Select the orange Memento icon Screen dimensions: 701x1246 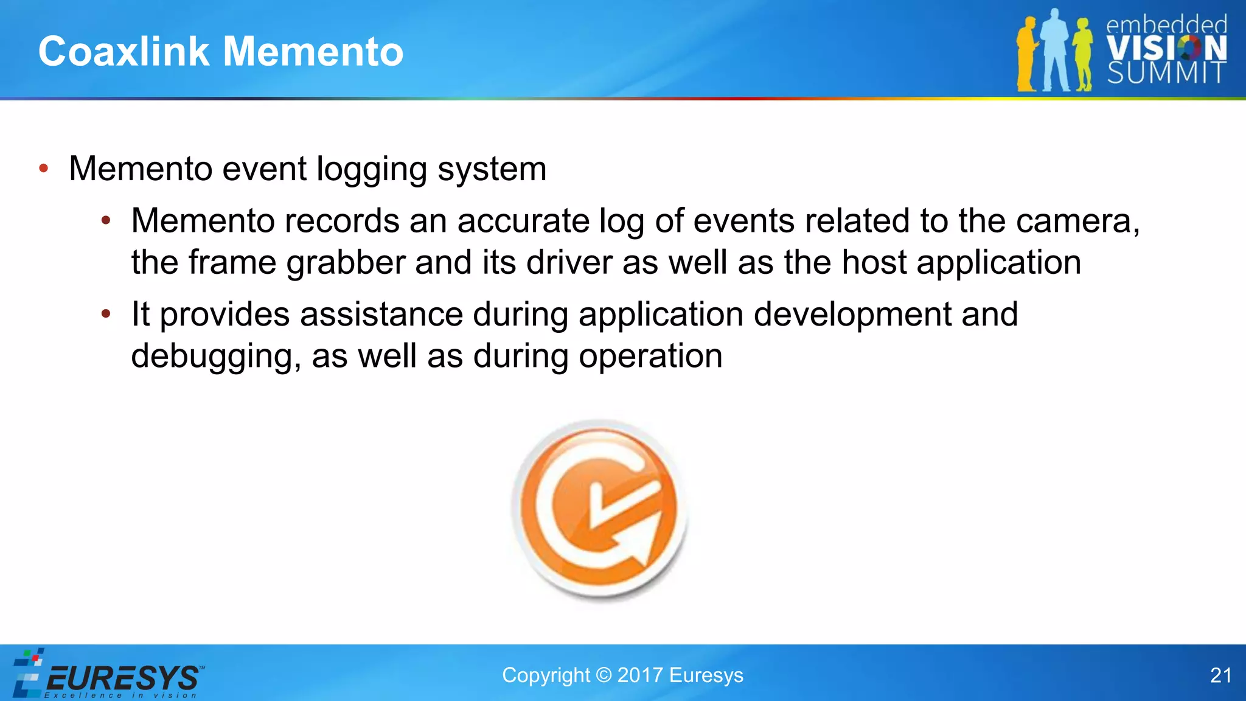coord(600,510)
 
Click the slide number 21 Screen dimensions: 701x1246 coord(1220,675)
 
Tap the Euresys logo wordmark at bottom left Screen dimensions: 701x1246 coord(122,678)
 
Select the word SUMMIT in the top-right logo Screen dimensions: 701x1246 coord(1166,73)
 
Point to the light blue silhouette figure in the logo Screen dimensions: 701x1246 coord(1056,52)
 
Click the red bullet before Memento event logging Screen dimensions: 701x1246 coord(43,169)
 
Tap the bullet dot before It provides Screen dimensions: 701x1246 coord(106,314)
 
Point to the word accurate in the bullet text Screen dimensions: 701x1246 coord(523,221)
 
